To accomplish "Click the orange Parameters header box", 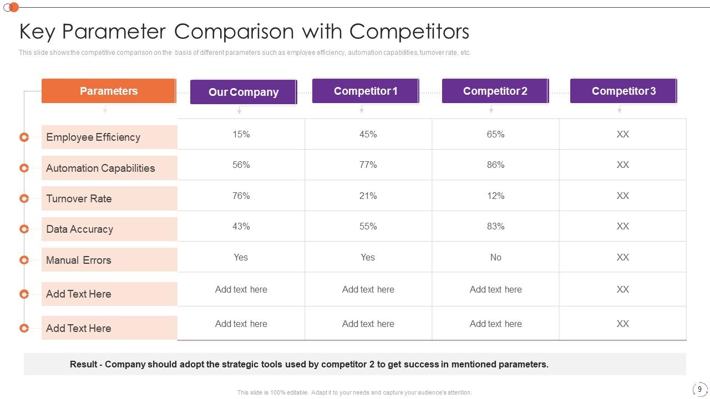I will click(x=109, y=91).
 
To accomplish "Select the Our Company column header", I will click(x=243, y=92).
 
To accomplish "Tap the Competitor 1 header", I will click(x=365, y=91).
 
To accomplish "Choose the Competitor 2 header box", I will click(x=495, y=91).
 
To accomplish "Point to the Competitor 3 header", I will click(x=623, y=91).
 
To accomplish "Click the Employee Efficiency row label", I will click(x=93, y=137).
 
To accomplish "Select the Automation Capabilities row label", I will click(x=100, y=168).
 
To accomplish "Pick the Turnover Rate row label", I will click(x=79, y=198).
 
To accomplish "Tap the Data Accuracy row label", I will click(x=79, y=229).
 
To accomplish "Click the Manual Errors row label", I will click(x=78, y=260).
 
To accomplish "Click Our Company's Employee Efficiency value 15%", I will click(x=241, y=134).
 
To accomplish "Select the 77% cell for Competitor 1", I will click(x=368, y=165).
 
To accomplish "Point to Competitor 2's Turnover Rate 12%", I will click(x=495, y=196).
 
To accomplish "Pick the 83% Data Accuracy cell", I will click(x=495, y=226).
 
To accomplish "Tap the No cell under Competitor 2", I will click(x=495, y=257).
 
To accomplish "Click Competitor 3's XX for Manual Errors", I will click(x=622, y=257).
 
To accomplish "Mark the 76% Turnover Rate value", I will click(x=241, y=196).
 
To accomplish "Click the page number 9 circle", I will click(x=699, y=389).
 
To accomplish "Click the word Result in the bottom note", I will click(x=83, y=364).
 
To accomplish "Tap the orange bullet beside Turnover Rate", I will click(x=24, y=198).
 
